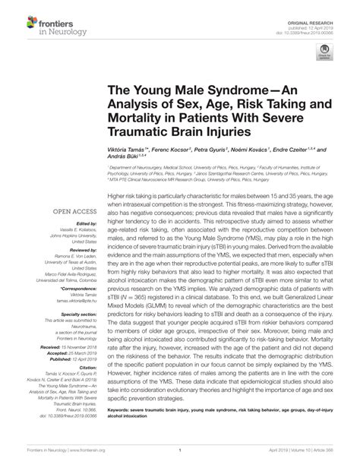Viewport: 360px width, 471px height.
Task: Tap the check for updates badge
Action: click(324, 53)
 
